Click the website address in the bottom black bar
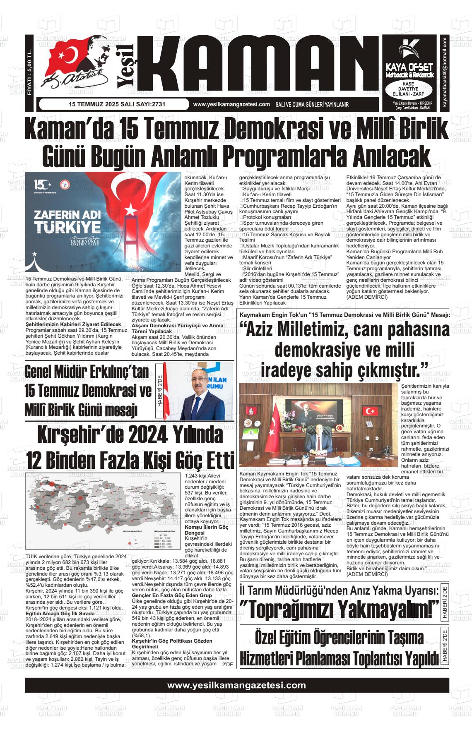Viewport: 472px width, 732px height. click(236, 685)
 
